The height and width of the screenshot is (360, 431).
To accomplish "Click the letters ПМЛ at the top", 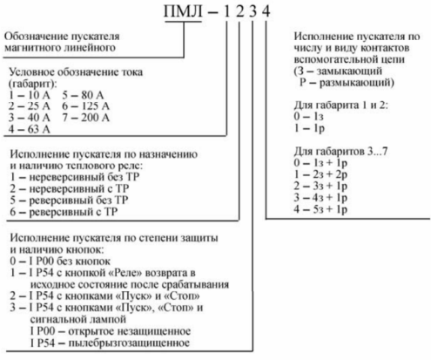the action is tap(183, 12).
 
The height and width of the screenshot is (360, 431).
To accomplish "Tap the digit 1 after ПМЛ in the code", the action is tap(226, 12).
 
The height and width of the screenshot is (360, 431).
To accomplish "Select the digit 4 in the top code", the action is tap(266, 12).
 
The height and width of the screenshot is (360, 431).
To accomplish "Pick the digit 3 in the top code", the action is tap(253, 12).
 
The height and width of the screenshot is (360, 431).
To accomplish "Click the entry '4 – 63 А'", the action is tap(29, 129).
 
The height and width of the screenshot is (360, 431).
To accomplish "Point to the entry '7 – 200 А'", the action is tap(85, 118).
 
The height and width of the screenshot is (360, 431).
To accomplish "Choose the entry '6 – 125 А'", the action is tap(85, 106).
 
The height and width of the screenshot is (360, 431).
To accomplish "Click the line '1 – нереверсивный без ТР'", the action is tap(75, 177).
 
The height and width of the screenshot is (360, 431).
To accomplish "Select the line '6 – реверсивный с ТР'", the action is tap(64, 212).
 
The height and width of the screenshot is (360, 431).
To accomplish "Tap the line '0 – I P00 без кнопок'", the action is tap(60, 262).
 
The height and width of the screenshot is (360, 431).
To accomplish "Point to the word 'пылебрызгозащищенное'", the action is tap(129, 343).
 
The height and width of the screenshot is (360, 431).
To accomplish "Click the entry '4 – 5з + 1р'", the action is tap(320, 209).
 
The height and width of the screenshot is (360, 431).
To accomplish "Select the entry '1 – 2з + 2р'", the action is tap(320, 174).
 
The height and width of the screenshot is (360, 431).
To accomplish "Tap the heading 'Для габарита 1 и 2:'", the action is tap(340, 105).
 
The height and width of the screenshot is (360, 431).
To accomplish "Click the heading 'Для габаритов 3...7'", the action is tap(340, 152).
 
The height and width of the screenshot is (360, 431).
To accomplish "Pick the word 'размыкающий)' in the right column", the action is tap(357, 83).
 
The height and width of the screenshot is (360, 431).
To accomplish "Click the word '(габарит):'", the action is tap(33, 84).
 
